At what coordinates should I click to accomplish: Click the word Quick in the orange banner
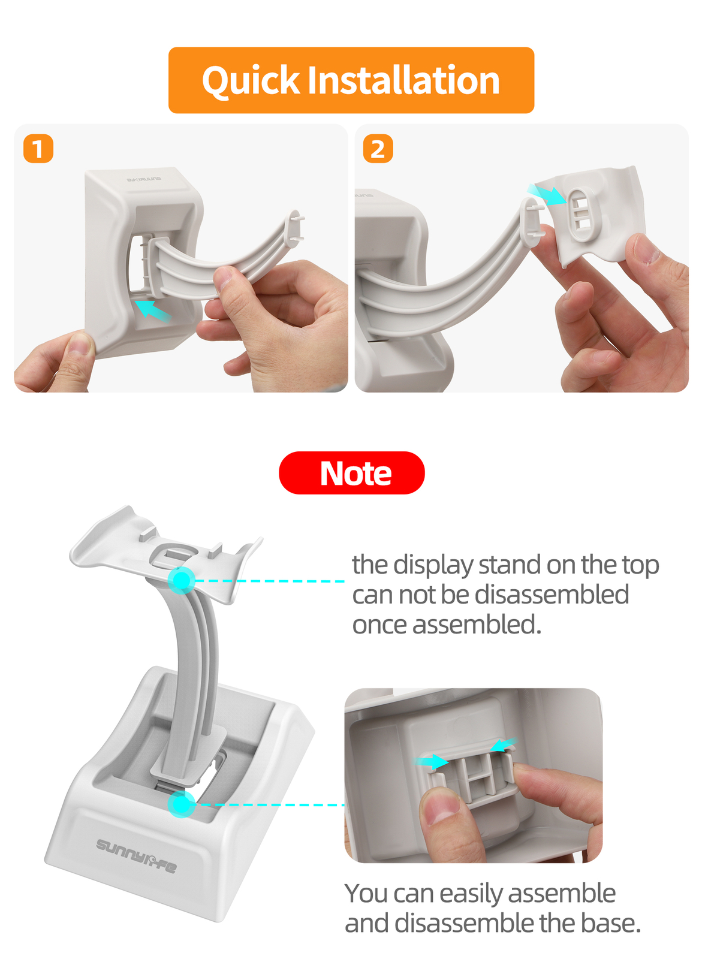tap(251, 80)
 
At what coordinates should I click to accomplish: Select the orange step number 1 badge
tap(38, 149)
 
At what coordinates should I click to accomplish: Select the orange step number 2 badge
tap(378, 149)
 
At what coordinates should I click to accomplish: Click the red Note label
tap(352, 473)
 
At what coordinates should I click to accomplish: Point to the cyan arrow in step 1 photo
tap(153, 310)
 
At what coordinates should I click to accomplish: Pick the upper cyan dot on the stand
tap(182, 581)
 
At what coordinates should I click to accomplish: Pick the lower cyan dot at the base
tap(182, 804)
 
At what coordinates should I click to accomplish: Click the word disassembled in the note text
tap(552, 595)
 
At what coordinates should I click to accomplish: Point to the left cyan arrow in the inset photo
tap(430, 762)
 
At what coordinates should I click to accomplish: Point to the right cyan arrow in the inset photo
tap(504, 744)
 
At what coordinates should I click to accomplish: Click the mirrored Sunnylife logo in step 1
tap(144, 179)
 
